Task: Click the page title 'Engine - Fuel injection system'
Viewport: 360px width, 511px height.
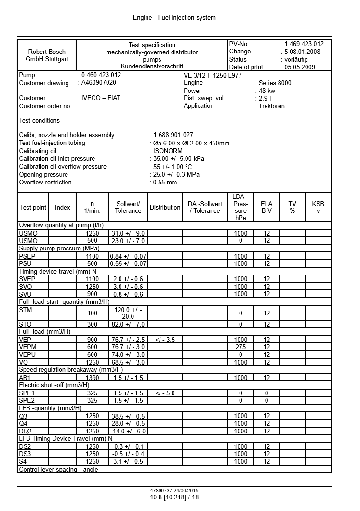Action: pos(174,18)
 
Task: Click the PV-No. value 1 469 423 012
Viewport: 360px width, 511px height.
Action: pos(304,44)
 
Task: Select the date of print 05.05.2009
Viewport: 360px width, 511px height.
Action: pos(299,67)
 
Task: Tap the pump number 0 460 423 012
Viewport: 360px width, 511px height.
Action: pos(101,75)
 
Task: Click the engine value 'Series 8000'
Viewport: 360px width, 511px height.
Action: pos(275,83)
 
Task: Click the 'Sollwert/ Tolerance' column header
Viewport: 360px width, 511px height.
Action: pos(128,207)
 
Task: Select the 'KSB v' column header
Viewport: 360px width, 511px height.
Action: pos(318,207)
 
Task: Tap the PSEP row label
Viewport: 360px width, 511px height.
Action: pos(27,256)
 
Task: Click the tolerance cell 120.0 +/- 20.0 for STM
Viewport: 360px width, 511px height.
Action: pos(128,313)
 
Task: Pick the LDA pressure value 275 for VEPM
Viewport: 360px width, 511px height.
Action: pos(240,347)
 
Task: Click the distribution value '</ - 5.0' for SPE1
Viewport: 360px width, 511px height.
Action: pos(165,393)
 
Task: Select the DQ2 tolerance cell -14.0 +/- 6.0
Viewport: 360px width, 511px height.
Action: pos(128,431)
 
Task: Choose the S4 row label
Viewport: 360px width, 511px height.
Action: pos(23,461)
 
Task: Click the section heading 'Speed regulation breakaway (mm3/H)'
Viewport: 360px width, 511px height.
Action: pos(70,370)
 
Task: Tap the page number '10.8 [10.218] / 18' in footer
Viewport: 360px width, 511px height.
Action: pos(174,497)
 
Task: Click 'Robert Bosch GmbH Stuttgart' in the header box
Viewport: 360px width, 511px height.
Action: pos(47,55)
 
